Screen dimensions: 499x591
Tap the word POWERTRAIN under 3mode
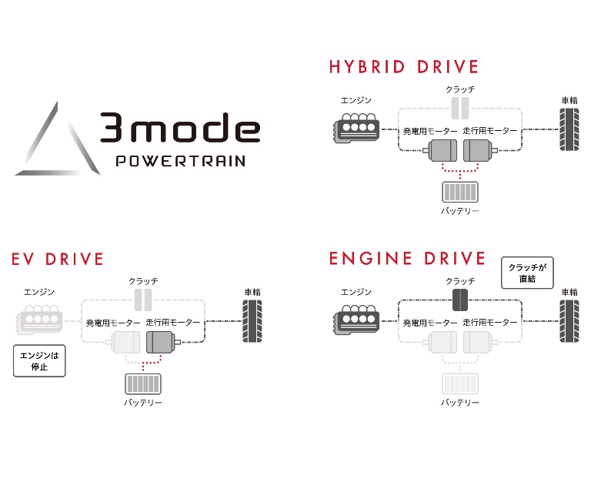[x=180, y=162]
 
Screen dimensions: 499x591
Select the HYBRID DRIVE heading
[x=403, y=66]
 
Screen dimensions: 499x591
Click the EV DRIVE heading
[x=58, y=259]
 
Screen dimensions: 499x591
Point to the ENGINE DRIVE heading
[x=407, y=258]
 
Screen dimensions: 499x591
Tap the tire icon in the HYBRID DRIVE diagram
[x=569, y=128]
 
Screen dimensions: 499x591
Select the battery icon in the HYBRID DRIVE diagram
[x=460, y=192]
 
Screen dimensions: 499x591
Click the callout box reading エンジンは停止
[x=39, y=360]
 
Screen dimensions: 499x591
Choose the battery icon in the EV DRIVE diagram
[x=143, y=383]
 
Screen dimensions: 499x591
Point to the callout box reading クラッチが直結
[x=527, y=273]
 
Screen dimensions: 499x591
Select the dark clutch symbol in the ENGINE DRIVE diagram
[x=460, y=300]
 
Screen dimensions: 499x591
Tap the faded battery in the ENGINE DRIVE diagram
[x=460, y=383]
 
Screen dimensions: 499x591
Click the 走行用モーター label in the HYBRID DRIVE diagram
[x=490, y=131]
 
